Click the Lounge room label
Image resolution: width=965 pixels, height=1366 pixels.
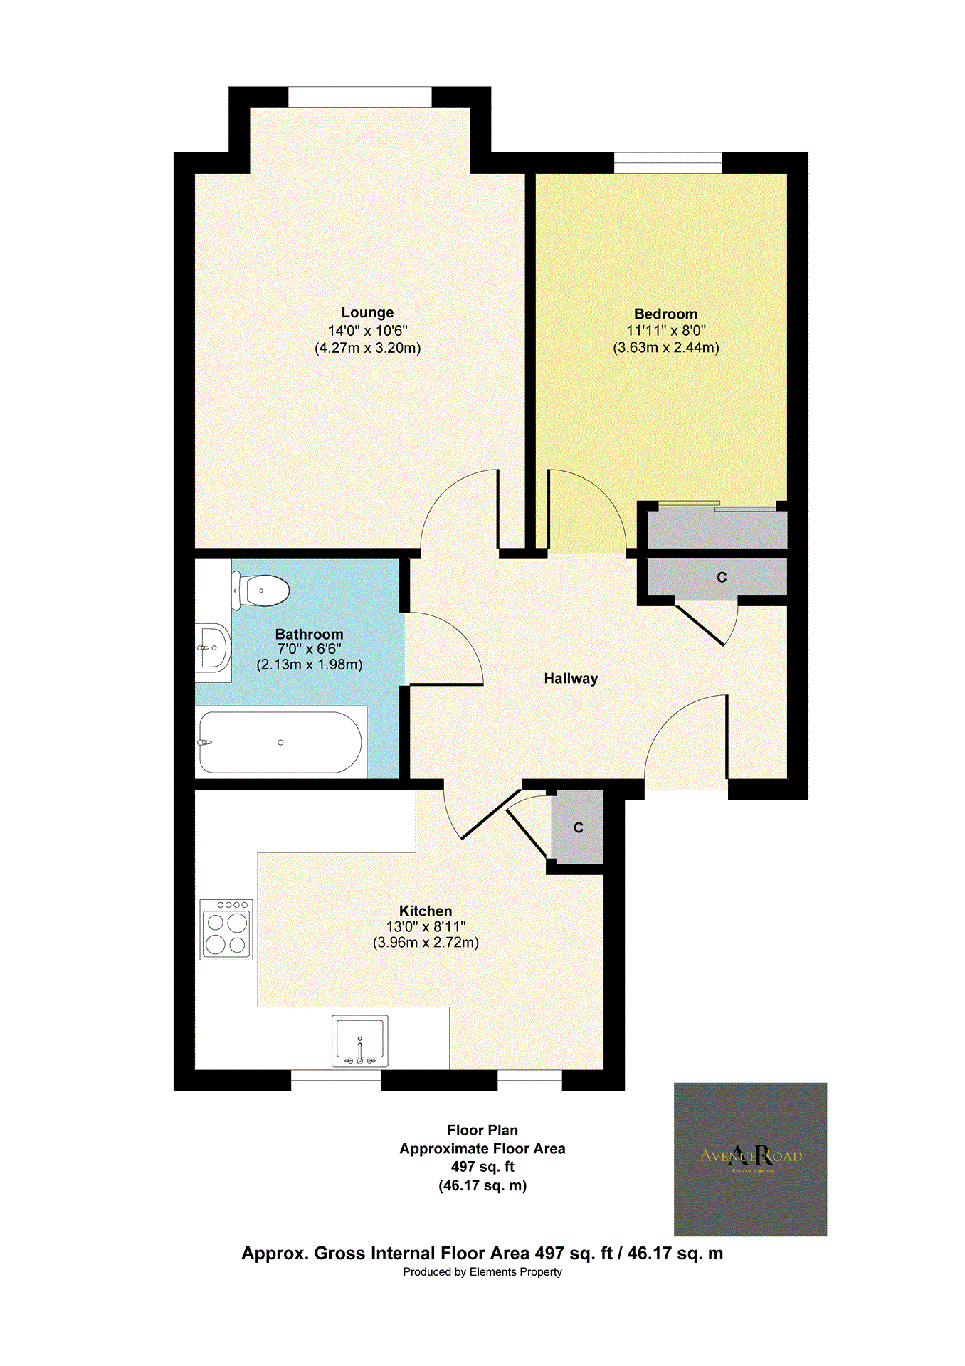(367, 312)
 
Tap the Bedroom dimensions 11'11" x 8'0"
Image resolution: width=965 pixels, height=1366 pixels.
(665, 331)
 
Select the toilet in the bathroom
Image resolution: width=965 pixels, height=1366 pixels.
(262, 591)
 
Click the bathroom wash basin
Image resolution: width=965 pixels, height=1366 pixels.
(213, 648)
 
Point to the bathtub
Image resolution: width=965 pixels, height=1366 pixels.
(280, 743)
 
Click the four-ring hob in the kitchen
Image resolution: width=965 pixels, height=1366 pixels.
(226, 930)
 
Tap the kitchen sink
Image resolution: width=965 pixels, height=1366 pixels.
(360, 1041)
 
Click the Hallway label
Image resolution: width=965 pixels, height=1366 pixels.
(571, 679)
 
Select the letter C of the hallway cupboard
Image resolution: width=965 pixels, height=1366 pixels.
(722, 577)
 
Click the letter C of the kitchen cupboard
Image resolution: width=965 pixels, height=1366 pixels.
(579, 828)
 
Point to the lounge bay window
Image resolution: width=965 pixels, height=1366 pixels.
(360, 97)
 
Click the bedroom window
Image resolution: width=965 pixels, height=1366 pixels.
(668, 163)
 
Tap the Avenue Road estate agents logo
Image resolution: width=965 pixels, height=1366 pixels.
(750, 1159)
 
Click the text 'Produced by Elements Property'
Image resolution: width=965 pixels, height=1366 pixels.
(482, 1272)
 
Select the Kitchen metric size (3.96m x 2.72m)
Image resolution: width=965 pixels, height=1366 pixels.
(426, 943)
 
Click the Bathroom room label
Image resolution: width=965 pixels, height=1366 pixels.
(309, 634)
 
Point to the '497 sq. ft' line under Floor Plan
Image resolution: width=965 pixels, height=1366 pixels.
(482, 1167)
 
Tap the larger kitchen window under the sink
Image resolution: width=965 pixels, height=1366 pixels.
(336, 1081)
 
